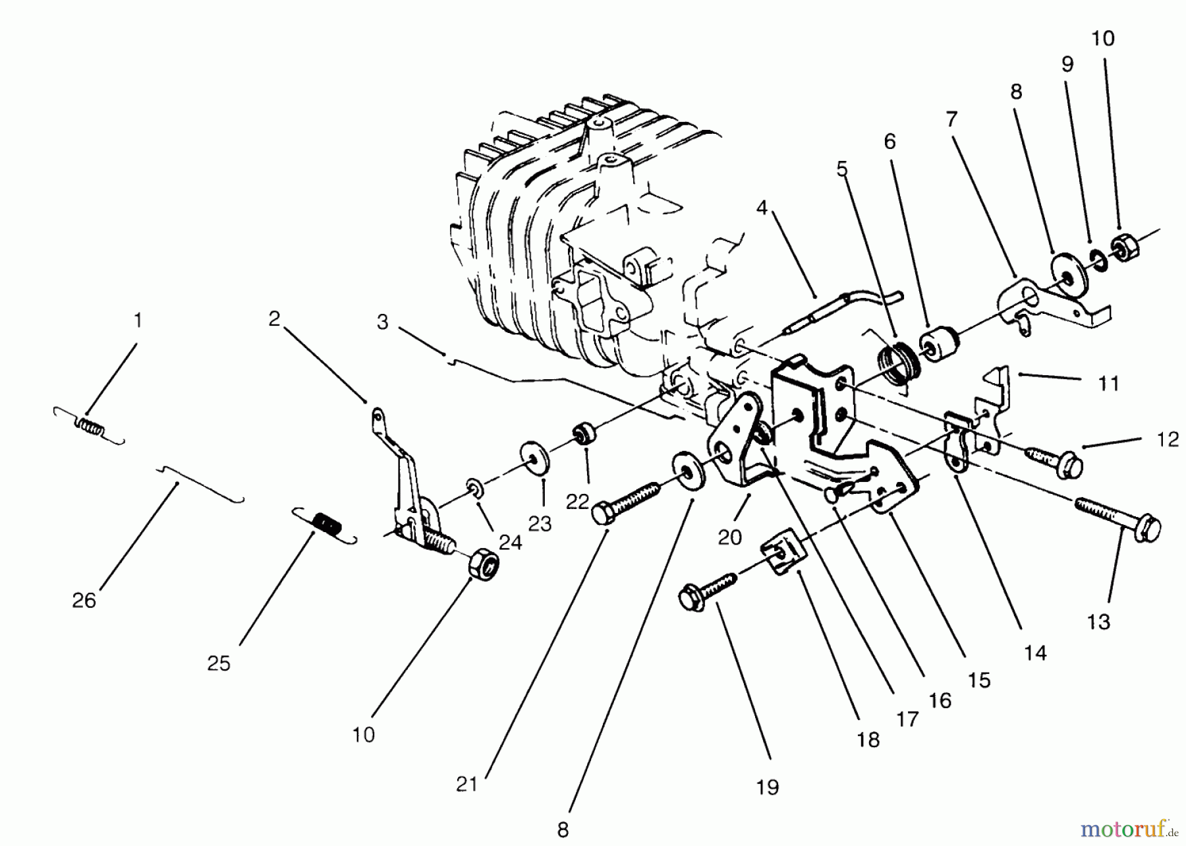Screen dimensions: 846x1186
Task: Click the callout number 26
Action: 84,601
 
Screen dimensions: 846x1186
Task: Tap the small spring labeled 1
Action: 90,428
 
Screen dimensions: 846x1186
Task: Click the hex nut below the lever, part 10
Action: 483,564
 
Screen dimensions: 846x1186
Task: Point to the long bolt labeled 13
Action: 1117,516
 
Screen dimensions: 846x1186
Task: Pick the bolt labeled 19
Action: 707,589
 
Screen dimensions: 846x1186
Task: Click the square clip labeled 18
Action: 782,557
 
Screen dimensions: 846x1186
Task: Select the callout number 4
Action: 762,208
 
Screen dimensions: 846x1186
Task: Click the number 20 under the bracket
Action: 729,538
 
